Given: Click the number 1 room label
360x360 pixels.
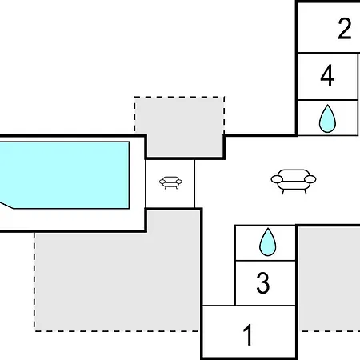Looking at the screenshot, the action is tap(248, 334).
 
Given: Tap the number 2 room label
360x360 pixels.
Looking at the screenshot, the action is tap(345, 29).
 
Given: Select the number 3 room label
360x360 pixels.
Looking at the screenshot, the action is tap(263, 282).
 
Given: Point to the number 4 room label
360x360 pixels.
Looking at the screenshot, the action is tap(327, 75).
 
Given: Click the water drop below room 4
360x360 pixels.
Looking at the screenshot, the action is tap(327, 118).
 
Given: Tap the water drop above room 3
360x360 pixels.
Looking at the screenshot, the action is tap(268, 242).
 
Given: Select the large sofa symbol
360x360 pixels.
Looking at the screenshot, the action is tap(294, 182).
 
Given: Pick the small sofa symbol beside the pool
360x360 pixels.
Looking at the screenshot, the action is tap(170, 182).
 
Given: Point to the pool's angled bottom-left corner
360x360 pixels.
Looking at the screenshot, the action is tap(13, 209).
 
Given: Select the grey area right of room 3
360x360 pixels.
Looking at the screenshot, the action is tap(330, 278).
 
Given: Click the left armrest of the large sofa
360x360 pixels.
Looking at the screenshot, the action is tap(277, 179).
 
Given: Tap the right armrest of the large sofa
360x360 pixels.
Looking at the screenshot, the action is tap(310, 179).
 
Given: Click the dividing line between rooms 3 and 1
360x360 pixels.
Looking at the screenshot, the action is tap(266, 306).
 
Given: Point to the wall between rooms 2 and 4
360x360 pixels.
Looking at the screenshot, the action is tap(329, 53).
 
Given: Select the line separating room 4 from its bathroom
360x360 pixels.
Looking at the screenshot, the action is tap(327, 100).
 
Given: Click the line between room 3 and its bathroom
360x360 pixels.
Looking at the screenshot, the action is tap(266, 260).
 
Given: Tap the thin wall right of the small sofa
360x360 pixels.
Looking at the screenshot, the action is tap(194, 183).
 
